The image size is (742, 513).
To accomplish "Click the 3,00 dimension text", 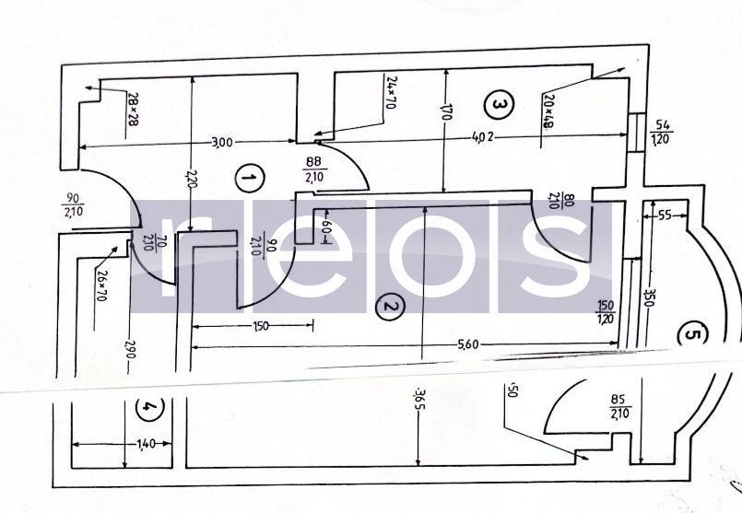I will click(220, 142).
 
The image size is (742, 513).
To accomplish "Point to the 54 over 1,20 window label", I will click(661, 133).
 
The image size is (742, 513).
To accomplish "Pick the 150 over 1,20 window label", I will click(606, 313).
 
